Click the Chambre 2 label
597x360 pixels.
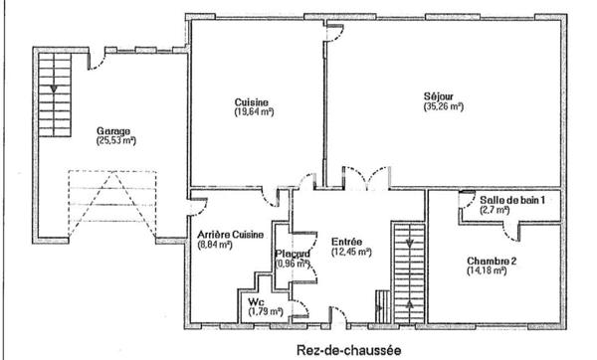(x=491, y=262)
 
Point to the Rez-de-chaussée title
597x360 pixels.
(x=349, y=349)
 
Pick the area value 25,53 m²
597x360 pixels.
(x=115, y=141)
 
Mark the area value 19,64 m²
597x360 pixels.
(x=253, y=112)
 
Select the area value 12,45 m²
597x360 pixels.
(x=350, y=252)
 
